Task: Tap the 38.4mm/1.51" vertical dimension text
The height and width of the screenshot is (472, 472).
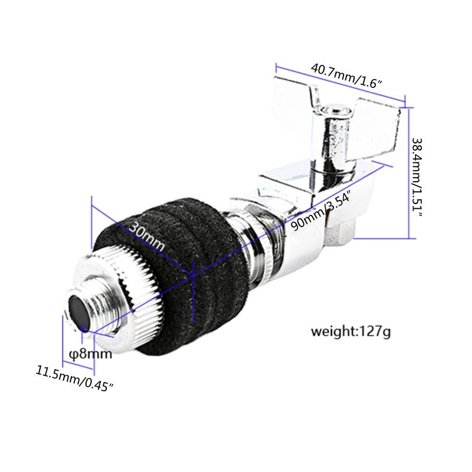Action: [418, 176]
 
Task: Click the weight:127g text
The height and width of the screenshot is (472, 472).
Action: [351, 332]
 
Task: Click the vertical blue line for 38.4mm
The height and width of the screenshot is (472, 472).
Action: [409, 171]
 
